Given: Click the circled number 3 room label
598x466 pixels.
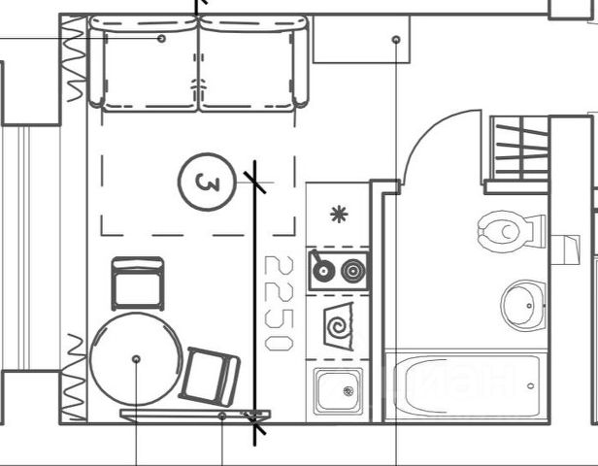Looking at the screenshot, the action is [207, 182].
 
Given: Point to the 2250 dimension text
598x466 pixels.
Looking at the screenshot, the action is [280, 303].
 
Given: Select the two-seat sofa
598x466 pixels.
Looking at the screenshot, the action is [199, 64].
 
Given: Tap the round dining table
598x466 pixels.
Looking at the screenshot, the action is [136, 359].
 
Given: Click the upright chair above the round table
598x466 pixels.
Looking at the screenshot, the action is [137, 283].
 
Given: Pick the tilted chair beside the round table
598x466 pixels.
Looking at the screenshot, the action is [210, 375].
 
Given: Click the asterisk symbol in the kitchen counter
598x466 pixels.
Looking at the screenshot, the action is [338, 215].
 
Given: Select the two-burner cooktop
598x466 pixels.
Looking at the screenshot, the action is [339, 270].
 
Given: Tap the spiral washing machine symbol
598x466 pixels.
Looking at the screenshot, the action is [339, 324].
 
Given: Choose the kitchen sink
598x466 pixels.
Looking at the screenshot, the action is [338, 390].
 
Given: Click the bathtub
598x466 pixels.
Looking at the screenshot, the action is [462, 384].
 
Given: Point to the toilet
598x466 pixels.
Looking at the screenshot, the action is [505, 232].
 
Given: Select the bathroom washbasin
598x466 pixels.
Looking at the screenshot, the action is [523, 304].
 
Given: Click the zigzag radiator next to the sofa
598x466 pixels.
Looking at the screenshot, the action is [74, 62].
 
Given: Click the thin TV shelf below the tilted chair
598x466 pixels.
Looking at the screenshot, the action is [194, 415].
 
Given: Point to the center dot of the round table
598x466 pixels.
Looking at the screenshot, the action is [136, 359].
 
